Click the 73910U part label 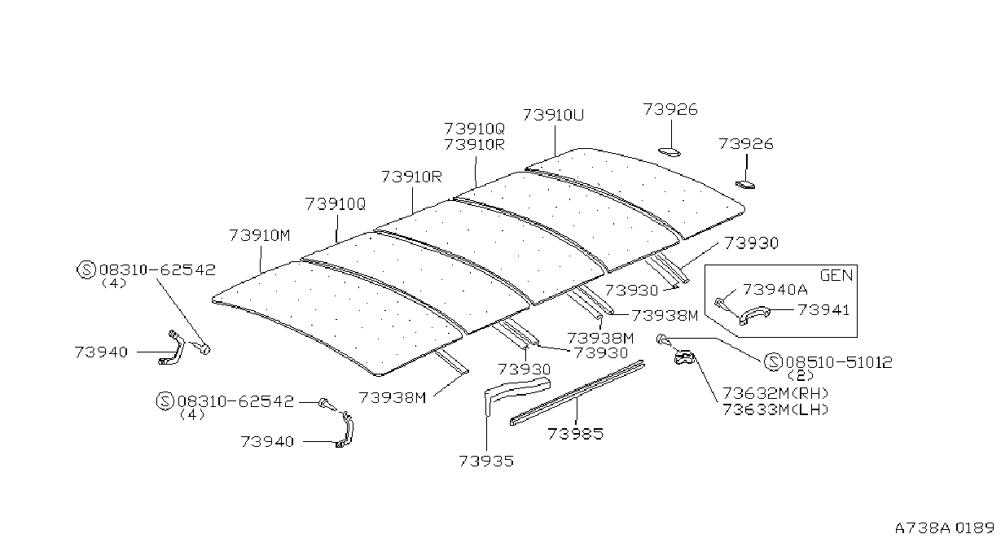pyautogui.click(x=553, y=116)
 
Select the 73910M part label pyautogui.click(x=260, y=235)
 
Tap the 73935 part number pyautogui.click(x=486, y=461)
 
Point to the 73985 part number pyautogui.click(x=576, y=434)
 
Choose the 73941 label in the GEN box pyautogui.click(x=823, y=310)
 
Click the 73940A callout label pyautogui.click(x=775, y=290)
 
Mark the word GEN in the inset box pyautogui.click(x=836, y=275)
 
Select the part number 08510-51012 pyautogui.click(x=839, y=362)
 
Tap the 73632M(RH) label pyautogui.click(x=775, y=393)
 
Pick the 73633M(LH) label pyautogui.click(x=775, y=409)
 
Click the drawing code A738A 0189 pyautogui.click(x=944, y=528)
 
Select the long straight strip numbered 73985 pyautogui.click(x=577, y=393)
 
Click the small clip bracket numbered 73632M pyautogui.click(x=683, y=357)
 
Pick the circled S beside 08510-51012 pyautogui.click(x=773, y=362)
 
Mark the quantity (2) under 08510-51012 pyautogui.click(x=801, y=374)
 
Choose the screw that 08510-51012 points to pyautogui.click(x=662, y=339)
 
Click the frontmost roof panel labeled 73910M pyautogui.click(x=337, y=318)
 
